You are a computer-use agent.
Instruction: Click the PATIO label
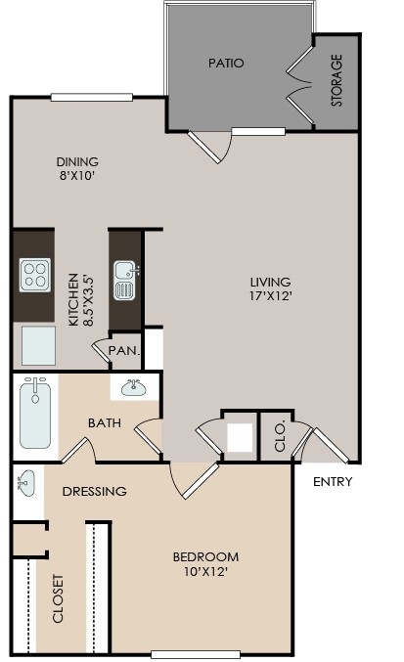click(226, 63)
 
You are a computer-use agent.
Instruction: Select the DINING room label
click(77, 169)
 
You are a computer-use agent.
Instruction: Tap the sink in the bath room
click(133, 389)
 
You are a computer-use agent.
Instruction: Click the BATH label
click(105, 423)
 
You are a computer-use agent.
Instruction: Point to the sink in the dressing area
click(27, 482)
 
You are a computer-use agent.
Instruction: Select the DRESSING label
click(94, 491)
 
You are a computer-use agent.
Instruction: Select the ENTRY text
click(333, 482)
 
